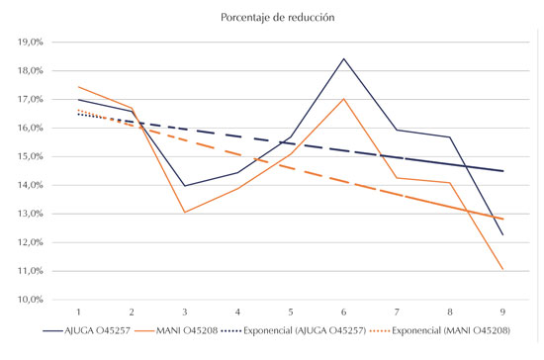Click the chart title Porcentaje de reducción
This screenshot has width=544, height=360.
point(271,17)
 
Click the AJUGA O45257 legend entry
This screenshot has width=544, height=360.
point(95,334)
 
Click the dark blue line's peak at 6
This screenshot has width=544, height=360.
point(344,58)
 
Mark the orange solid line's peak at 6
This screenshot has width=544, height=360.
point(344,98)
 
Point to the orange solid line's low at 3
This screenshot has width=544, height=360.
point(185,212)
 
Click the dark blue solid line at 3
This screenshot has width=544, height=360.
point(185,186)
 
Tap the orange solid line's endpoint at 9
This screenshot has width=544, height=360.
point(502,269)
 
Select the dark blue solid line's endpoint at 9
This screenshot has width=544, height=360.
point(502,234)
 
